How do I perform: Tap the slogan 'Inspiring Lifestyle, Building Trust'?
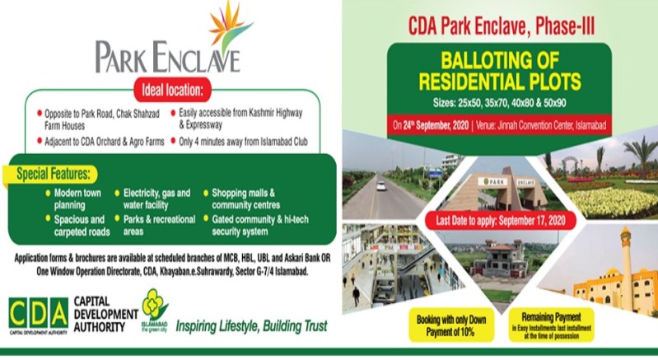coord(250,325)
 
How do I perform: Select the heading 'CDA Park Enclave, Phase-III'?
coord(500,25)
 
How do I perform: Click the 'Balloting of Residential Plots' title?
coord(500,74)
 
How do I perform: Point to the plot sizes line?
coord(500,105)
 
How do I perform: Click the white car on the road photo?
coord(381,185)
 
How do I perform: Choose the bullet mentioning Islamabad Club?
coord(239,141)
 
